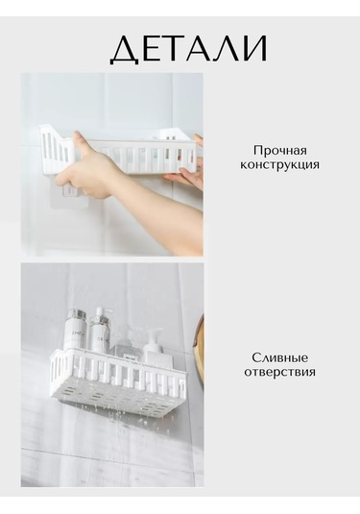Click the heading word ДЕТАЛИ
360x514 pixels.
tap(188, 49)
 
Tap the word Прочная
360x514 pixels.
tap(279, 150)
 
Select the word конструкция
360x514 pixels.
tap(279, 164)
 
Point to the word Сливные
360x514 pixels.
tap(279, 356)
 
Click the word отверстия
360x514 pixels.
tap(279, 372)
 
